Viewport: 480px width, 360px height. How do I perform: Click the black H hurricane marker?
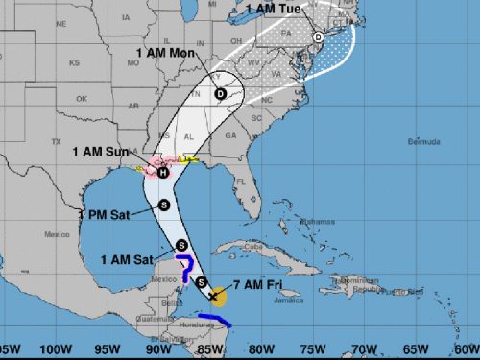point(164,173)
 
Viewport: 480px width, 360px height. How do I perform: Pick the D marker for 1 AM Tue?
point(318,38)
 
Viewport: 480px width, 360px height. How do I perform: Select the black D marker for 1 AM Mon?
point(221,94)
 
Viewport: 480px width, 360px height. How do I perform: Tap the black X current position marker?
point(212,296)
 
